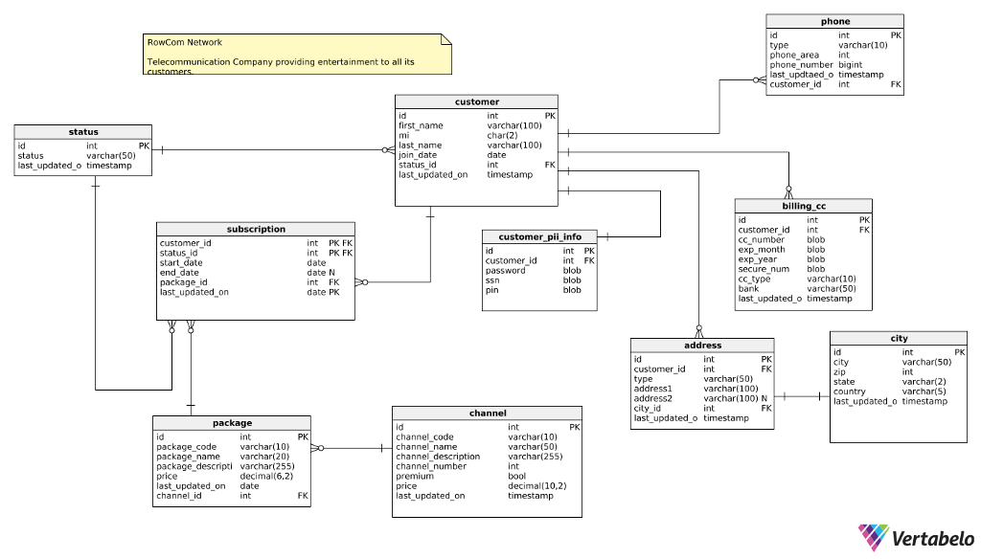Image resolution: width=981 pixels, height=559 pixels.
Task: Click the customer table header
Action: click(476, 101)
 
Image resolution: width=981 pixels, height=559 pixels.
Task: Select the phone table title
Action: click(835, 21)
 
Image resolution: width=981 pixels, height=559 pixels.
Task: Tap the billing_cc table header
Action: click(803, 206)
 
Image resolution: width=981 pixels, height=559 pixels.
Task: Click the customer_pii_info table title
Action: click(539, 236)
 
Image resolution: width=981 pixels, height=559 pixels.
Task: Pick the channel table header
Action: click(488, 413)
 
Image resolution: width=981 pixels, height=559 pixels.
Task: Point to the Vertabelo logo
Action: click(916, 538)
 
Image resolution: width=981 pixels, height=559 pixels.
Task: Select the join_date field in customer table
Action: click(418, 155)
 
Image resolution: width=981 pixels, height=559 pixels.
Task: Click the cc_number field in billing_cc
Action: click(763, 240)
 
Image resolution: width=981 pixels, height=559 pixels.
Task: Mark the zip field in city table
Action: click(839, 372)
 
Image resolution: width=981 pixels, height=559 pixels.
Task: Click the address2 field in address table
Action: click(653, 398)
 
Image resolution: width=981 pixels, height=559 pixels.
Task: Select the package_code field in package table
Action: click(186, 447)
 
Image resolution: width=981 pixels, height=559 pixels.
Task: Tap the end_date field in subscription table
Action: click(179, 273)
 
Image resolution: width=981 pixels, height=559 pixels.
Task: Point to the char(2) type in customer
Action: click(503, 135)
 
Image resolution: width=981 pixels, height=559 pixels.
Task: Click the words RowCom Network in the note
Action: click(185, 42)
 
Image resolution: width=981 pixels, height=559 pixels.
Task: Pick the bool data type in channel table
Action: click(516, 476)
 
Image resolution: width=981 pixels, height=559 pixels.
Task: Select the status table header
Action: click(83, 132)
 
